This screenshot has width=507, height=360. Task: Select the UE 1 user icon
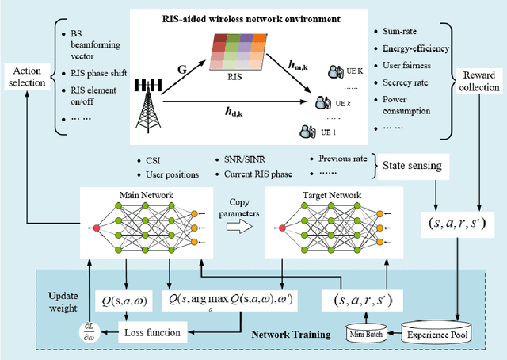[x=303, y=131]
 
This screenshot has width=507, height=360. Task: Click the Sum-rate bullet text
[x=401, y=31]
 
